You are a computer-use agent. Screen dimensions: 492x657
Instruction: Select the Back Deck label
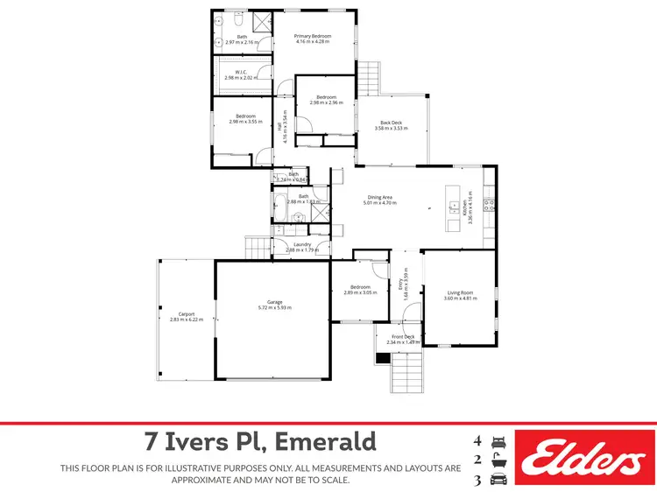pyautogui.click(x=391, y=123)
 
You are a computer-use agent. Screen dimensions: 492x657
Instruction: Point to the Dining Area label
pyautogui.click(x=379, y=197)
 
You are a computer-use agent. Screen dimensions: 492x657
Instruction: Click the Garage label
pyautogui.click(x=275, y=303)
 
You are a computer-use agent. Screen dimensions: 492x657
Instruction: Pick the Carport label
pyautogui.click(x=186, y=314)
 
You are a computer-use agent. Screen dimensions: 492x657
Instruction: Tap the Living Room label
pyautogui.click(x=460, y=293)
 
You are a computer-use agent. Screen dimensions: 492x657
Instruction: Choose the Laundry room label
pyautogui.click(x=302, y=245)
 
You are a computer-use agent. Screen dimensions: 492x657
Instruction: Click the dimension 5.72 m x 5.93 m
pyautogui.click(x=275, y=308)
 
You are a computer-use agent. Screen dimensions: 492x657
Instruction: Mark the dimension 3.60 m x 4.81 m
pyautogui.click(x=460, y=299)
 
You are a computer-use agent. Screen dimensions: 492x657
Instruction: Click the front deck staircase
pyautogui.click(x=405, y=371)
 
